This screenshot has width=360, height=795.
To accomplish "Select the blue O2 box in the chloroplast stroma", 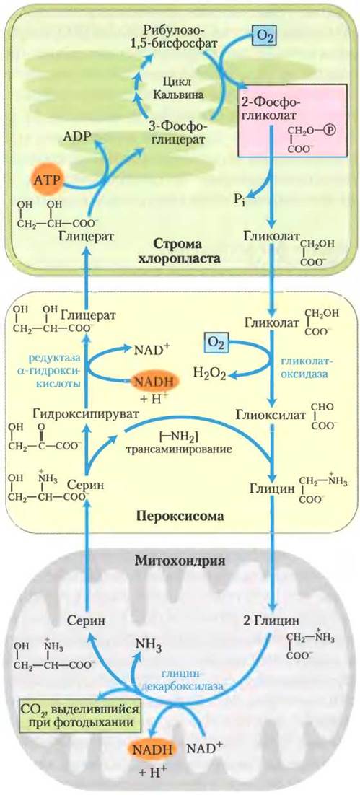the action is [x=263, y=38].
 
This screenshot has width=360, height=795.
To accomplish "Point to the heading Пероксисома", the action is [x=180, y=517].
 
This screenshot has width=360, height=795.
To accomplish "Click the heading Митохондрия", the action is [x=180, y=562].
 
